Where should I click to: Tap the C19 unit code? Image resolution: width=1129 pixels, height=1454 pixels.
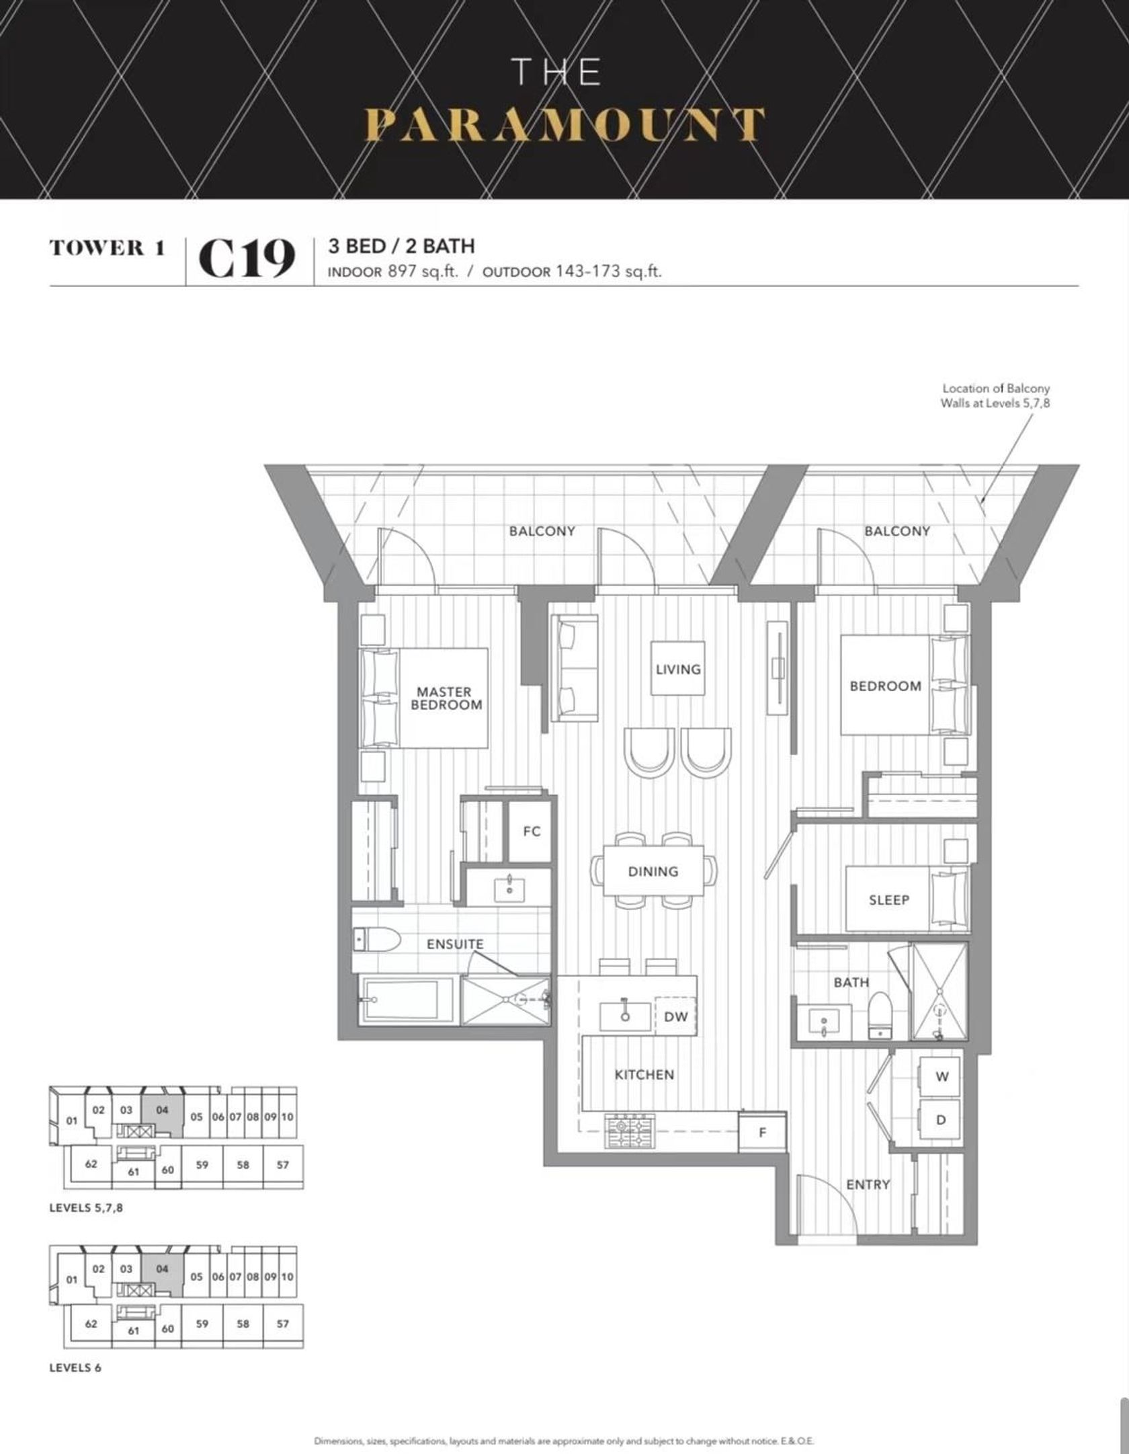(247, 259)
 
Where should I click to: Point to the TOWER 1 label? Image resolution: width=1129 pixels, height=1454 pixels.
(107, 247)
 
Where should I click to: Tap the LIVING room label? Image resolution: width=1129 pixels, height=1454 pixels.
(678, 669)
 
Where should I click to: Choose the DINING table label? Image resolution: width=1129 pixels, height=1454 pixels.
(653, 871)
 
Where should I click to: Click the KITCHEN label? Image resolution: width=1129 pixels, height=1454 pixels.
(644, 1074)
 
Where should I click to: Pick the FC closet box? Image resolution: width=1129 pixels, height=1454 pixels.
(531, 832)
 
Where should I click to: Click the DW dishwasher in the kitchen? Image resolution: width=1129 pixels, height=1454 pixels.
(675, 1016)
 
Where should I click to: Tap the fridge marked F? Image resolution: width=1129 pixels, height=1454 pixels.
(762, 1132)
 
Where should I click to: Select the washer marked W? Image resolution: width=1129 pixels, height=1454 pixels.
(941, 1076)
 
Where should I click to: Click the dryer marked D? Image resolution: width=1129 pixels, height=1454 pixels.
(941, 1121)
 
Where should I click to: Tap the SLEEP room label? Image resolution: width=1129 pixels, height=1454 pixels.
(888, 899)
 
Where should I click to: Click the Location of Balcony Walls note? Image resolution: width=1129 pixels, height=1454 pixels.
(995, 395)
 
